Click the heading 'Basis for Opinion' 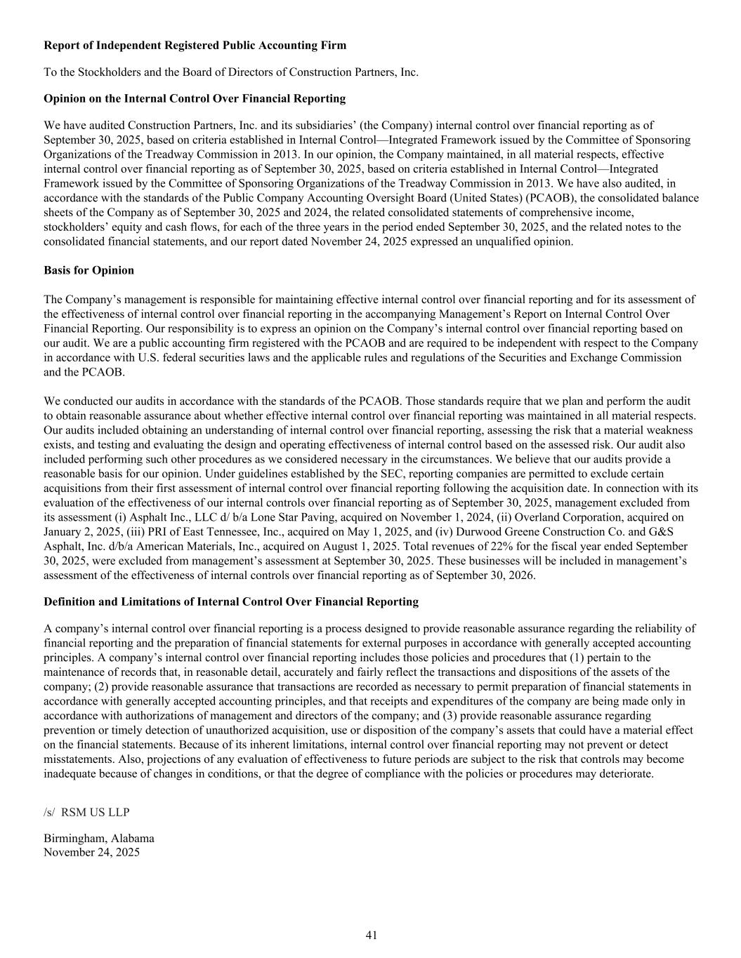click(x=88, y=270)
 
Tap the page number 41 click(x=372, y=935)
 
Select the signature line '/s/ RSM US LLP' click(x=86, y=812)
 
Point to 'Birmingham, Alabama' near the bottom click(x=99, y=838)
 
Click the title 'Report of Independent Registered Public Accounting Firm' click(x=195, y=46)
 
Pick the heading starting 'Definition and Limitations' click(x=230, y=601)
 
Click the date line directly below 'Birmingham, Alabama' click(x=91, y=853)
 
